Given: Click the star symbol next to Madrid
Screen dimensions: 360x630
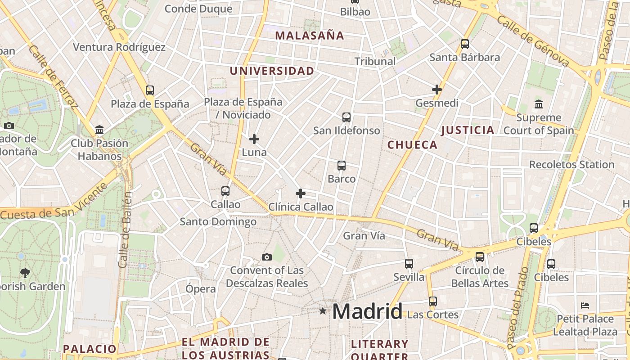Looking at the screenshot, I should [323, 310].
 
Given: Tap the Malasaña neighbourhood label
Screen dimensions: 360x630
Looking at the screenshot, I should [310, 36].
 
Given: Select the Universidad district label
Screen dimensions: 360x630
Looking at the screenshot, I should [272, 71].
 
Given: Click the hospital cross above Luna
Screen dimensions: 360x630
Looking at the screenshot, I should [254, 139].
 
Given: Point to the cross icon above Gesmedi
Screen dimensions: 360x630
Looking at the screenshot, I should [436, 90].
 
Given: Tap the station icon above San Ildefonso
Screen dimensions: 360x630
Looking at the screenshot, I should [346, 117].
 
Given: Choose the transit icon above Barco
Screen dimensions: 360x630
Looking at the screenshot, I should [342, 166].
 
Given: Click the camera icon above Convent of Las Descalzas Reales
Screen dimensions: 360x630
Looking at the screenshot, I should [267, 257].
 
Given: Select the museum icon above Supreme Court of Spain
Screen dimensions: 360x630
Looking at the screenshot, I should [539, 104].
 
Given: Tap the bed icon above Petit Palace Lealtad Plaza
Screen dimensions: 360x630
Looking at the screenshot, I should [585, 306].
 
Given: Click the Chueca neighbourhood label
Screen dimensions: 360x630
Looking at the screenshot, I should [412, 145].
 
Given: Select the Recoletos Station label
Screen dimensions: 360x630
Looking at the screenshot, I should [571, 165].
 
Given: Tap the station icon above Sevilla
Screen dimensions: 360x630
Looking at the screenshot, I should [409, 264].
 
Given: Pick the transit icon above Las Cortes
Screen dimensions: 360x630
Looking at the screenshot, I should [432, 301].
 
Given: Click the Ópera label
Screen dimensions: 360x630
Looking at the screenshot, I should [201, 289].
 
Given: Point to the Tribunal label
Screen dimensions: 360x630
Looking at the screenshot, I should [375, 62].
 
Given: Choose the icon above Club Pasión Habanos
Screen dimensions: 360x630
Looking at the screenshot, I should [99, 130].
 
